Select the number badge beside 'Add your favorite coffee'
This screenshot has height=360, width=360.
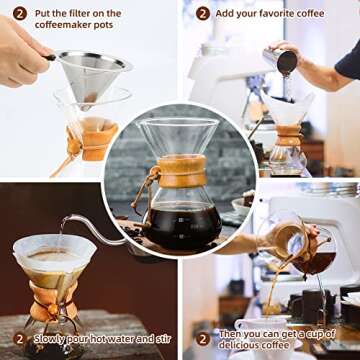[x=203, y=13]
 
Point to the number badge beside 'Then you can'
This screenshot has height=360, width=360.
[x=203, y=338]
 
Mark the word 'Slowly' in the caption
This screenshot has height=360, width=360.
[x=50, y=338]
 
